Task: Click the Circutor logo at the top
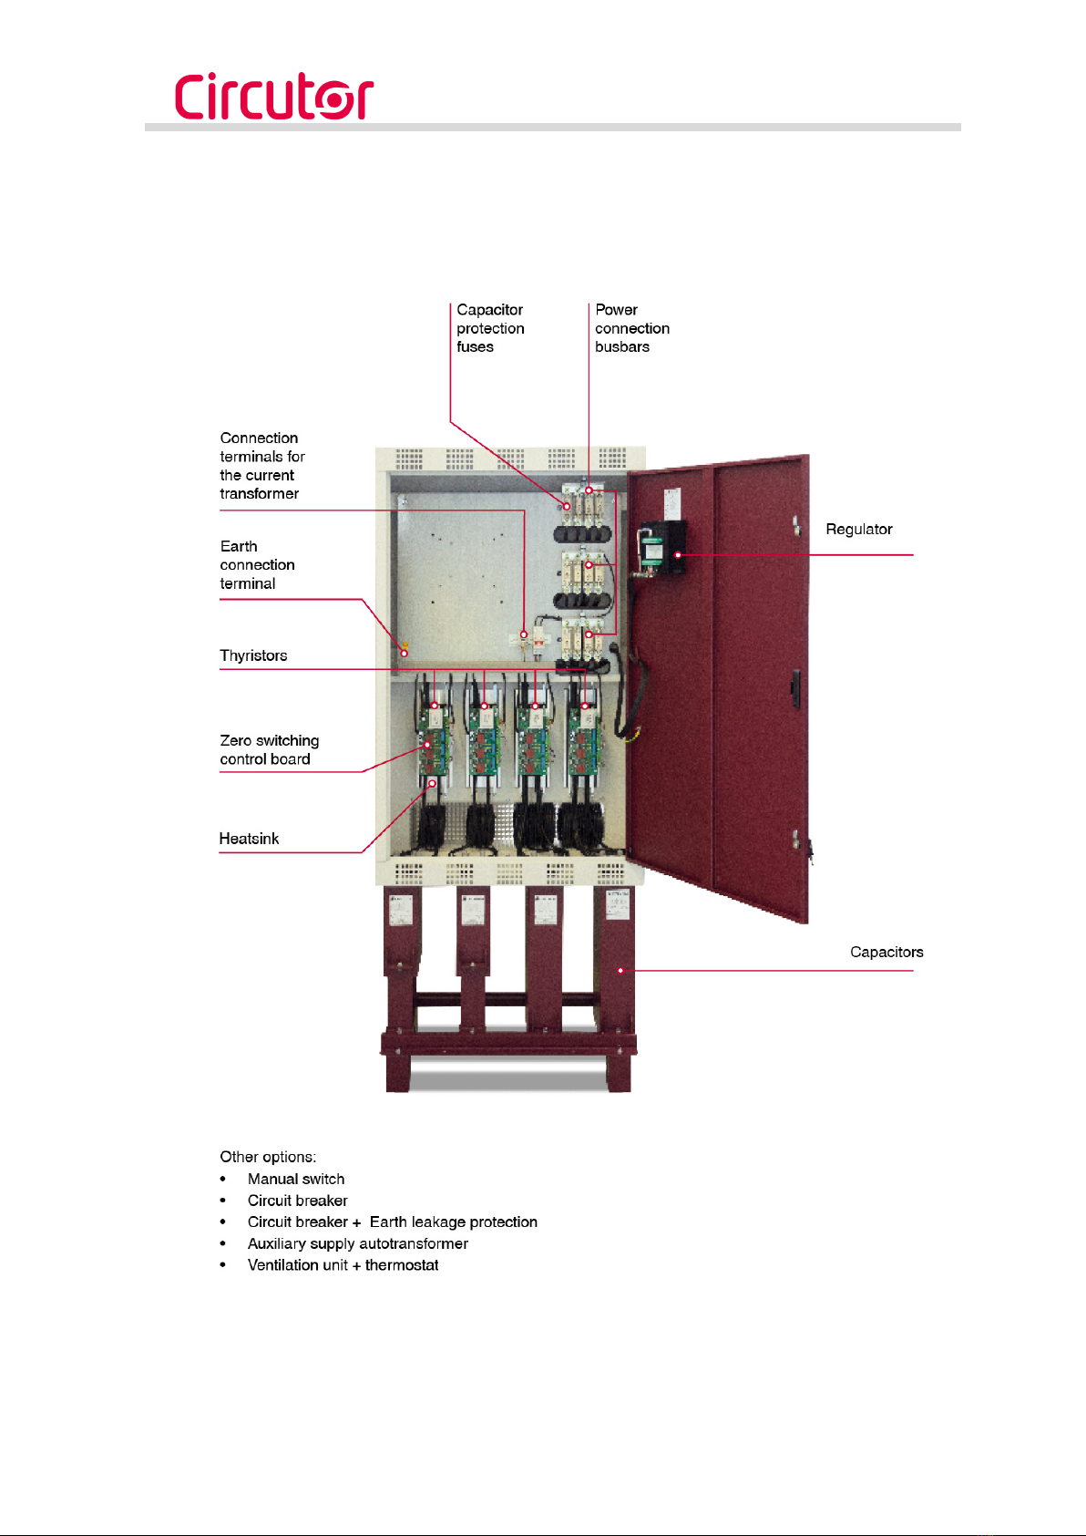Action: [x=273, y=96]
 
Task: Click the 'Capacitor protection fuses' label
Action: [x=490, y=328]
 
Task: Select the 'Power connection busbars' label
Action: [x=631, y=328]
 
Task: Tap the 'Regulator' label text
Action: [x=858, y=530]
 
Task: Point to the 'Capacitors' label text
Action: [x=886, y=952]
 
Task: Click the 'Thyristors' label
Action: [x=253, y=655]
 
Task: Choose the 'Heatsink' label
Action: [x=249, y=839]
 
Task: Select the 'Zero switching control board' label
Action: [x=269, y=749]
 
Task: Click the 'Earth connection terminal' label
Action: [x=257, y=565]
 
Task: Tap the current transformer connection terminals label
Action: [x=261, y=466]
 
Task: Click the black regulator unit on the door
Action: [x=662, y=547]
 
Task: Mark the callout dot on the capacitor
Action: [x=620, y=971]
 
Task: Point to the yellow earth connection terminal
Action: [x=404, y=647]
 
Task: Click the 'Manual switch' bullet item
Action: [x=296, y=1179]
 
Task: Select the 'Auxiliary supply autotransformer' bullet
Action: [x=357, y=1243]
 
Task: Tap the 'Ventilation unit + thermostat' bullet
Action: [x=343, y=1265]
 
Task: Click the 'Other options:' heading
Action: [x=268, y=1157]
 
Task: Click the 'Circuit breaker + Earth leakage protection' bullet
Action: [x=392, y=1222]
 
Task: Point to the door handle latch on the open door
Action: [x=795, y=683]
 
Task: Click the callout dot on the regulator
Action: [x=678, y=554]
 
